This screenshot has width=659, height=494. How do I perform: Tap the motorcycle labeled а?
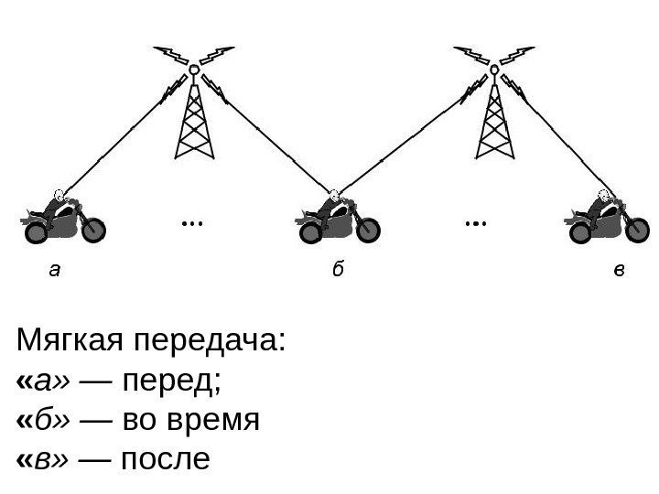point(63,220)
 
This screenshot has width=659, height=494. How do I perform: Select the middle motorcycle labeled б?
point(336,220)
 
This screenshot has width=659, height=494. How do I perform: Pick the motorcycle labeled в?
point(605,220)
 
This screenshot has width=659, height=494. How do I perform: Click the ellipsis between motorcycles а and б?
point(191,222)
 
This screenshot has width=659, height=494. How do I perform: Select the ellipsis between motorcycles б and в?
point(475,222)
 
